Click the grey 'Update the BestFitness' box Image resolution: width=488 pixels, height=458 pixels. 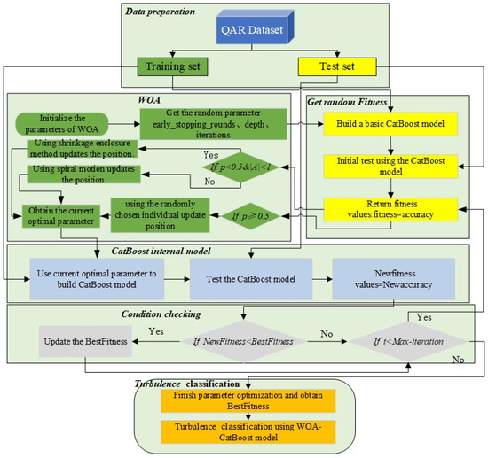[86, 337]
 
